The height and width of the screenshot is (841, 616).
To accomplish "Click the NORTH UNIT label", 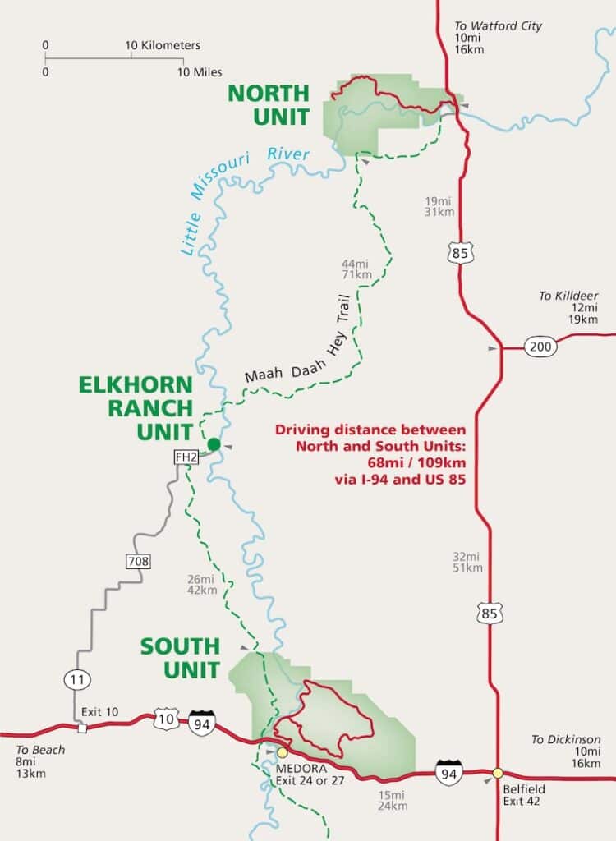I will (x=269, y=105).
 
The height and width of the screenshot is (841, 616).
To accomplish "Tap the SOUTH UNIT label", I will (x=180, y=658).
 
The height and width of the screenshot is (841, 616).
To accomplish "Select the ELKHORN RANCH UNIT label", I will (x=136, y=407).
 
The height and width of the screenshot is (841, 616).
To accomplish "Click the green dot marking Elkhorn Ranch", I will (x=214, y=444).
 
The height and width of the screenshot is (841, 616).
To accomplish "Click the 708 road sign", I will (x=137, y=562).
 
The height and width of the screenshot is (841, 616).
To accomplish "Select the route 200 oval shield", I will (x=540, y=347).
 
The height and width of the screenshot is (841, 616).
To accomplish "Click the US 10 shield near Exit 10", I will (x=165, y=719).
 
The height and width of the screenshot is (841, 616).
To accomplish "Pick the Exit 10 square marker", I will (x=82, y=728).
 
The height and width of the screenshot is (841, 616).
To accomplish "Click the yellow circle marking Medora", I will (x=283, y=751).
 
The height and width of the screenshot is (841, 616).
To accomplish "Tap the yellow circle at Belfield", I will (x=498, y=773).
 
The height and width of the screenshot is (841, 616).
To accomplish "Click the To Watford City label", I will (x=499, y=26).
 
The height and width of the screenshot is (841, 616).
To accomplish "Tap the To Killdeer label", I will (x=568, y=296).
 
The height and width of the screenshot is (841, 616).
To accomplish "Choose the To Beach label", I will (x=40, y=750).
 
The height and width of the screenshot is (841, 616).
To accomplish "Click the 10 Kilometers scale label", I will (x=163, y=45).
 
